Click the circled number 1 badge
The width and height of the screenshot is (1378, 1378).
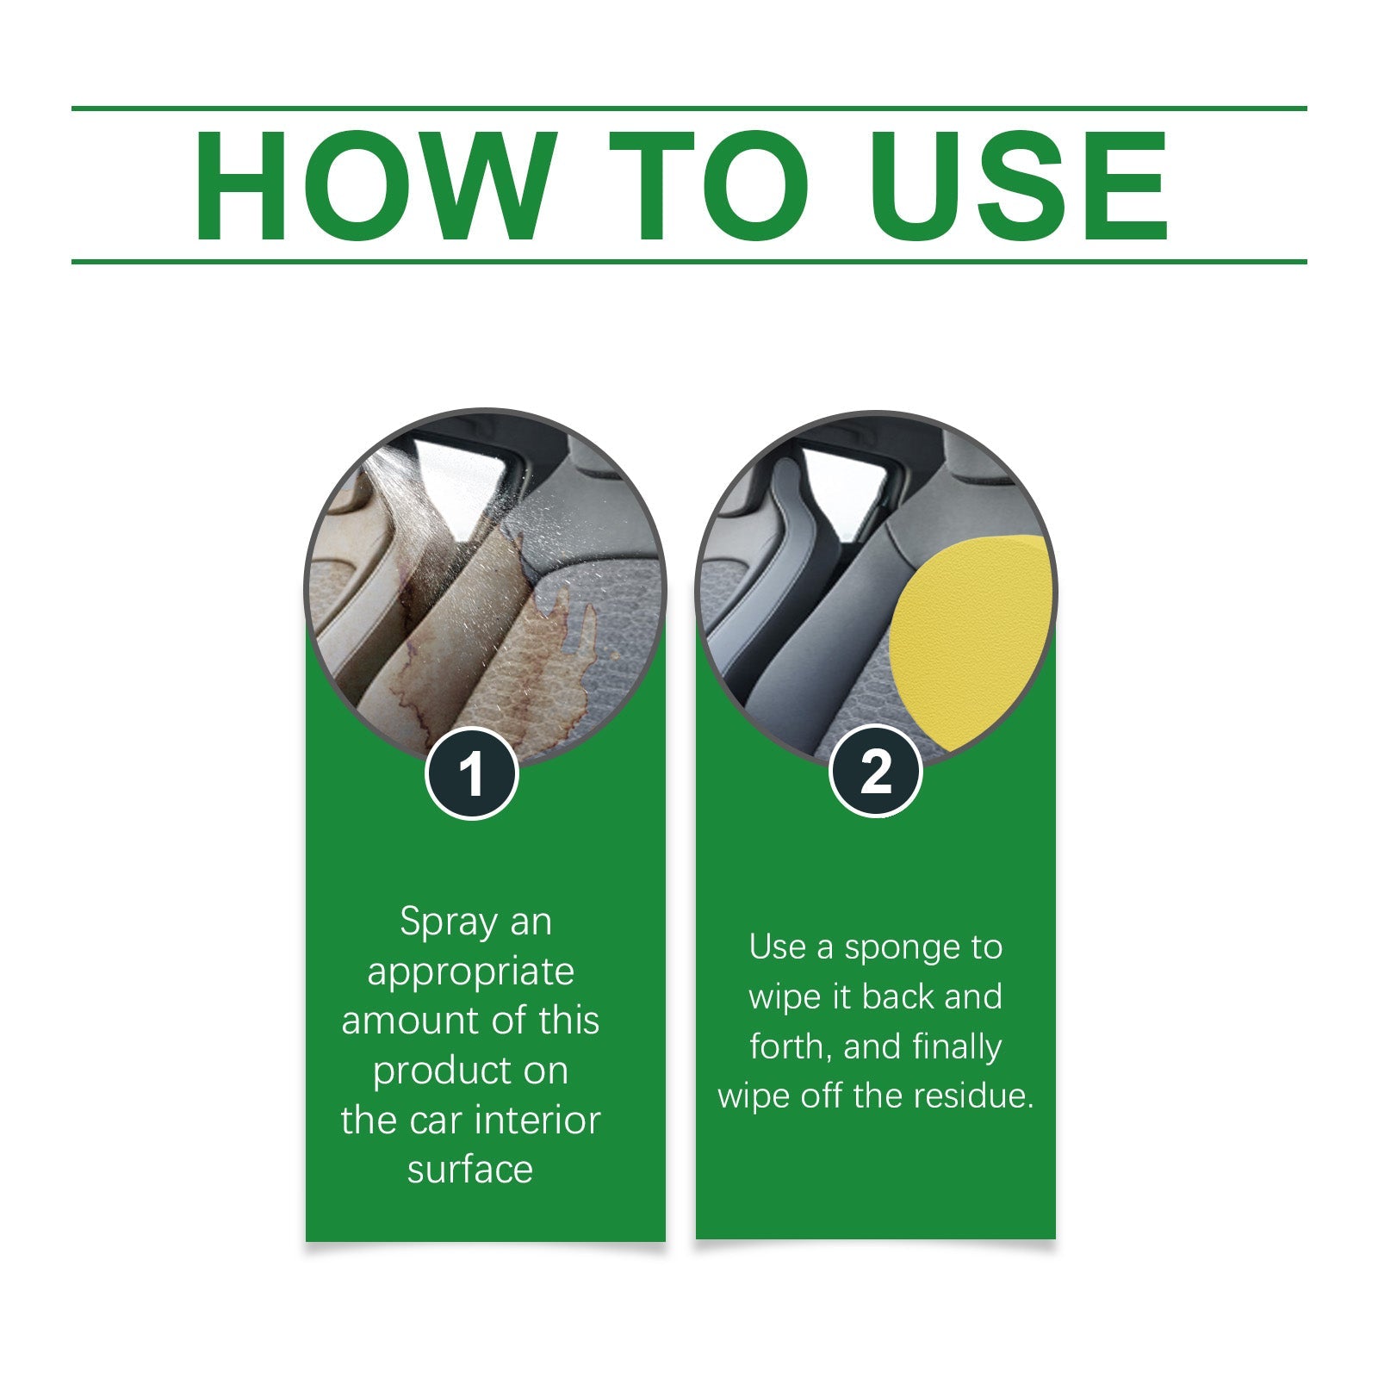pos(471,773)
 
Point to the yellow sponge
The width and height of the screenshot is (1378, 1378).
pos(969,637)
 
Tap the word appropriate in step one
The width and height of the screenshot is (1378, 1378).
pos(470,971)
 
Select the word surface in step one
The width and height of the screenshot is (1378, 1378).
pos(470,1170)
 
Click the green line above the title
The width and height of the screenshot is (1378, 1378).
pos(689,109)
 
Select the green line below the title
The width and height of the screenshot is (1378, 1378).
pos(689,261)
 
